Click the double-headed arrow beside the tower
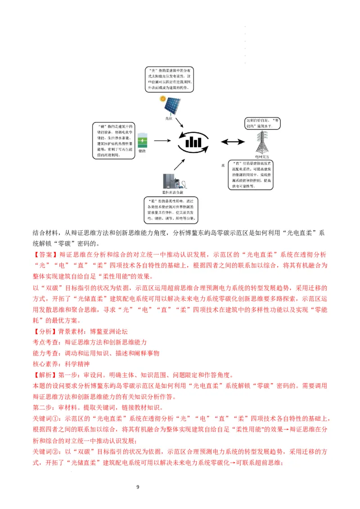(233, 142)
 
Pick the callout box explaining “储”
(113, 140)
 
